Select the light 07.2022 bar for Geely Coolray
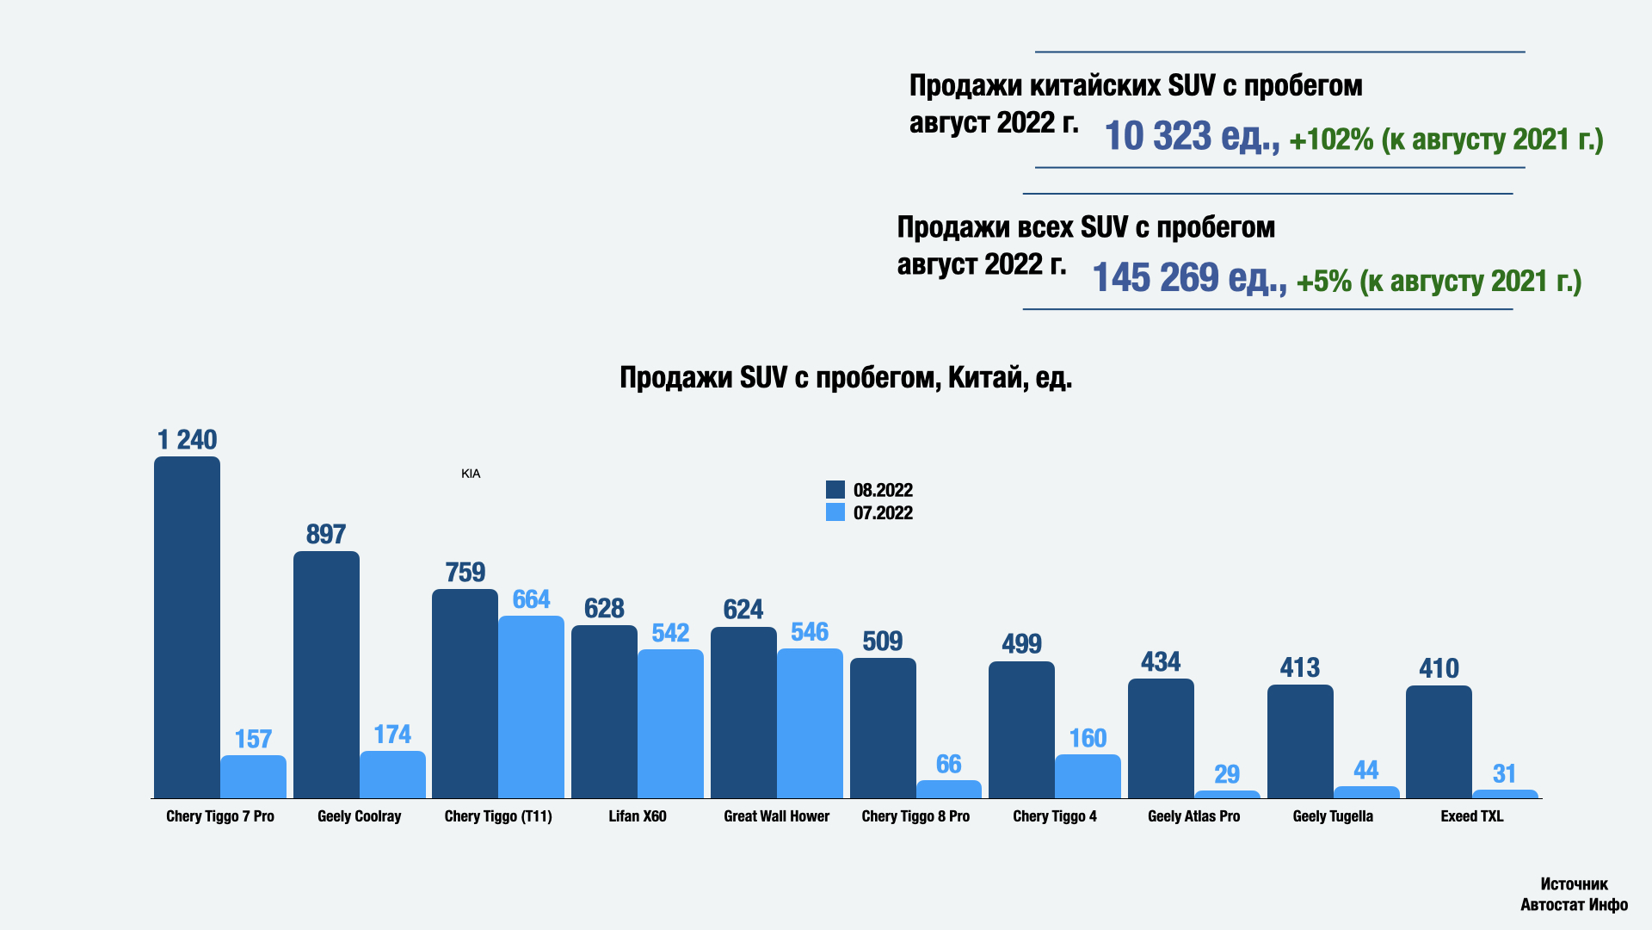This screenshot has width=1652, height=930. click(392, 774)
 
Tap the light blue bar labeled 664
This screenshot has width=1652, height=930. click(531, 706)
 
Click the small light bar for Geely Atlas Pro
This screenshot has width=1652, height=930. click(1227, 794)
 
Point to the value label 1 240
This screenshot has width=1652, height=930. click(187, 440)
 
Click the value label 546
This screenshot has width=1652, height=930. click(810, 632)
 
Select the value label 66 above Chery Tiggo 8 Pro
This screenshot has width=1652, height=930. click(948, 764)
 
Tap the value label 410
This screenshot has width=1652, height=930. click(1439, 668)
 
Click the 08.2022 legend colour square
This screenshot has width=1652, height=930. click(835, 490)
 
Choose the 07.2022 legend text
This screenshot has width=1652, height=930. click(883, 513)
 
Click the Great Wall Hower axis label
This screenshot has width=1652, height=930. click(776, 816)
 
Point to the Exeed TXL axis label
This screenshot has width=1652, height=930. click(1472, 816)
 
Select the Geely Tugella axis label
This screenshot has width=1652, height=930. click(1333, 816)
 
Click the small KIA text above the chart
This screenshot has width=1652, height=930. click(471, 474)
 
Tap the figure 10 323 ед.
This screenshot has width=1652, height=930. click(1191, 137)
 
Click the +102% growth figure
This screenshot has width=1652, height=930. click(1331, 139)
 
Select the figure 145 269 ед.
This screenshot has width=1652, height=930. click(1188, 278)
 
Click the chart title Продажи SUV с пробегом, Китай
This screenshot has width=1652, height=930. click(846, 377)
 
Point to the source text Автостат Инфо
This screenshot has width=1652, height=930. click(1574, 904)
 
